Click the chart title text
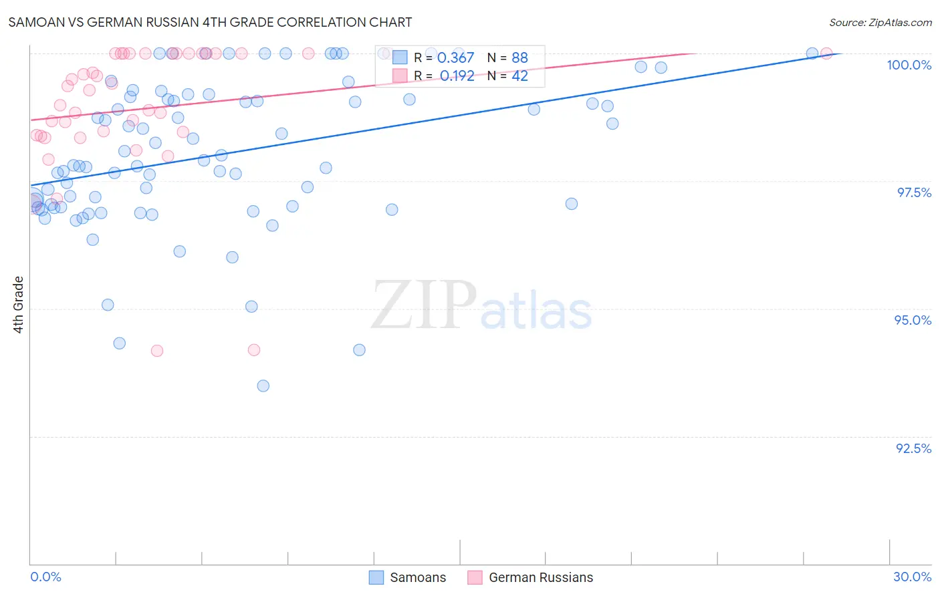(210, 22)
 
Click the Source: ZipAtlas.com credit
(880, 22)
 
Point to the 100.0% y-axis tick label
(909, 65)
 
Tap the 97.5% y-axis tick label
(913, 192)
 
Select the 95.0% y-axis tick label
(913, 320)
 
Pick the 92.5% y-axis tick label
(913, 448)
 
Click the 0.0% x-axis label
(45, 577)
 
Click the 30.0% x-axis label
(912, 577)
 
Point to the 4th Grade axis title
(18, 305)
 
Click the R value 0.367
(455, 57)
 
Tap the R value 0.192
(457, 76)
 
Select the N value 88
(519, 57)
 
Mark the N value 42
(519, 76)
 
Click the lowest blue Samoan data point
(263, 386)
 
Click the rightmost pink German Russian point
(826, 53)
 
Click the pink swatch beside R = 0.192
(400, 76)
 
